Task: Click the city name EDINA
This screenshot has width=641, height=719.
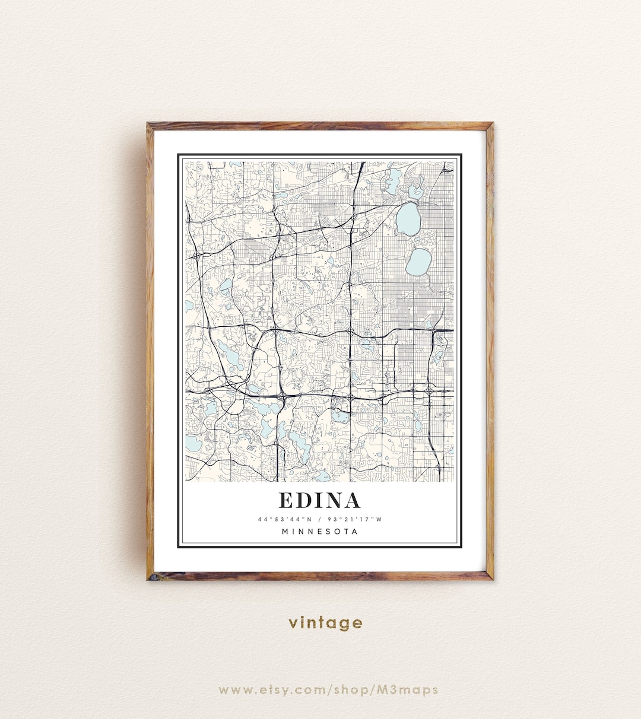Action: pos(319,501)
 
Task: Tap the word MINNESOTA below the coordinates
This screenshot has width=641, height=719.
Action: pos(320,532)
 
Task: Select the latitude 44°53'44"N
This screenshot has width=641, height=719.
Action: pos(284,520)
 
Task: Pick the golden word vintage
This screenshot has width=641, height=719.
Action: pos(325,623)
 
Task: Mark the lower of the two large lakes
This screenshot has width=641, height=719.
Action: pos(419,261)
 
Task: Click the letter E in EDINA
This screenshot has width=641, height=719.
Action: pos(285,501)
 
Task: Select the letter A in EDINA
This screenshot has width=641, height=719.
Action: pos(351,501)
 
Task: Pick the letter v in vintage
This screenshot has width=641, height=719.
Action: pos(293,623)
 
